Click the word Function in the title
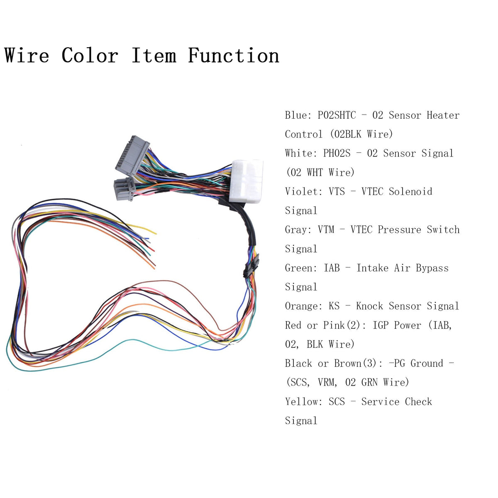234,56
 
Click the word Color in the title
90,56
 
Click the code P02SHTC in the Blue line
337,115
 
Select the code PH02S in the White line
337,154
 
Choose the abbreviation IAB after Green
332,268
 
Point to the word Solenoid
410,192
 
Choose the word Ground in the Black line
427,364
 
